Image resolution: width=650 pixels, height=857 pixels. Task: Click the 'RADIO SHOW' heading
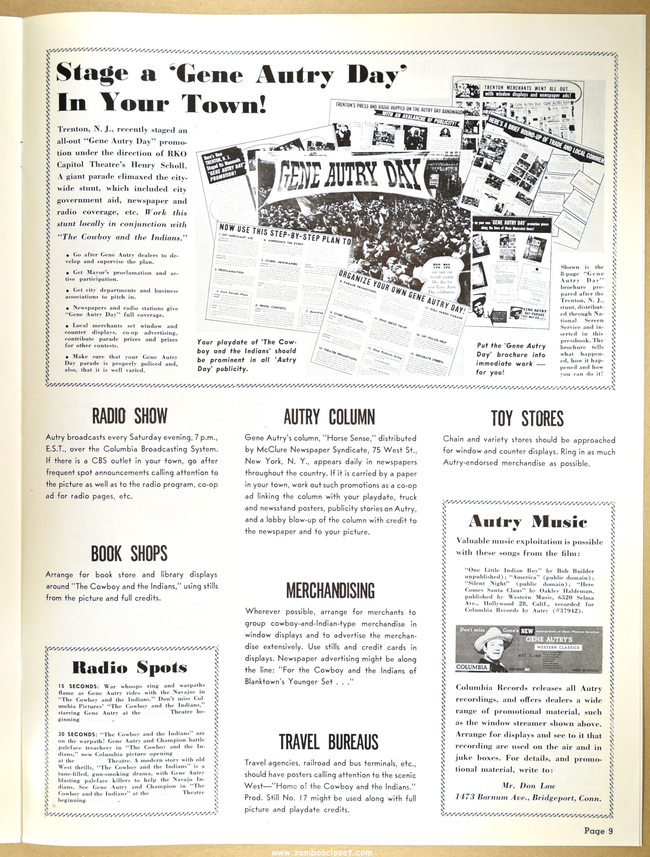(x=129, y=416)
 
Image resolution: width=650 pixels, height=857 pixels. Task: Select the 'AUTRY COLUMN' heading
(x=329, y=417)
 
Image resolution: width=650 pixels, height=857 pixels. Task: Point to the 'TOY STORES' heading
(x=527, y=419)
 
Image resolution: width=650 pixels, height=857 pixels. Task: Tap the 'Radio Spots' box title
(x=129, y=667)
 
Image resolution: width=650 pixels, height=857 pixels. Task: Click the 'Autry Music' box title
(x=527, y=522)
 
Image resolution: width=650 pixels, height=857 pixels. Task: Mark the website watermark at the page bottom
(x=322, y=853)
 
